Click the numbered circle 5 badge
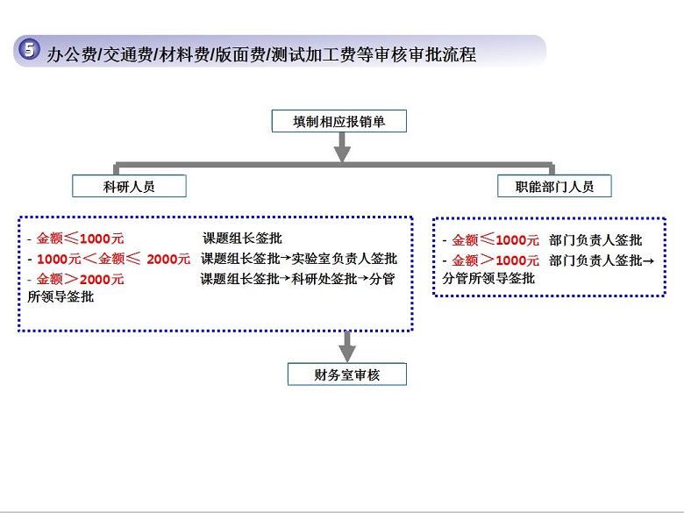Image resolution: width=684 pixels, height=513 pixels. pyautogui.click(x=30, y=49)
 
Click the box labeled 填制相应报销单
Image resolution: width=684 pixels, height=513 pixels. pyautogui.click(x=339, y=121)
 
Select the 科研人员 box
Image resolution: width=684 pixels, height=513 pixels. pyautogui.click(x=129, y=186)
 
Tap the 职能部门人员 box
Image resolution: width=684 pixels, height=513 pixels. pyautogui.click(x=554, y=186)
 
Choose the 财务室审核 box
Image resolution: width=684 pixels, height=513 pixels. pyautogui.click(x=347, y=374)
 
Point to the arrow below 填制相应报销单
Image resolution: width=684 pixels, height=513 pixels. pyautogui.click(x=342, y=147)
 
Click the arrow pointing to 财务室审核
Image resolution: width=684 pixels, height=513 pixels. pyautogui.click(x=347, y=346)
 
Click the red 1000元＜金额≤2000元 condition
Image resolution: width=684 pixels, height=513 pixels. pyautogui.click(x=113, y=259)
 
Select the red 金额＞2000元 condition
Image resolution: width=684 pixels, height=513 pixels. pyautogui.click(x=81, y=279)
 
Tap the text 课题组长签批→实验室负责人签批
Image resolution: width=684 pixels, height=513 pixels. pyautogui.click(x=299, y=259)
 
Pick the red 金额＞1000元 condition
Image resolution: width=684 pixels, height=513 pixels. pyautogui.click(x=495, y=260)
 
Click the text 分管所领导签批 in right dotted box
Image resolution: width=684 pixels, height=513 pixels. pyautogui.click(x=488, y=278)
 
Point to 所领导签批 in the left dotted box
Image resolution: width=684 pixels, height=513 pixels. pyautogui.click(x=61, y=296)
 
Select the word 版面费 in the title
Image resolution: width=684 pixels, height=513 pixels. pyautogui.click(x=240, y=55)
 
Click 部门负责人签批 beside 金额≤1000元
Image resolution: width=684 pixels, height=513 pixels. pyautogui.click(x=596, y=240)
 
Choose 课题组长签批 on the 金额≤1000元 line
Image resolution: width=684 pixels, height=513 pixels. pyautogui.click(x=243, y=239)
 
